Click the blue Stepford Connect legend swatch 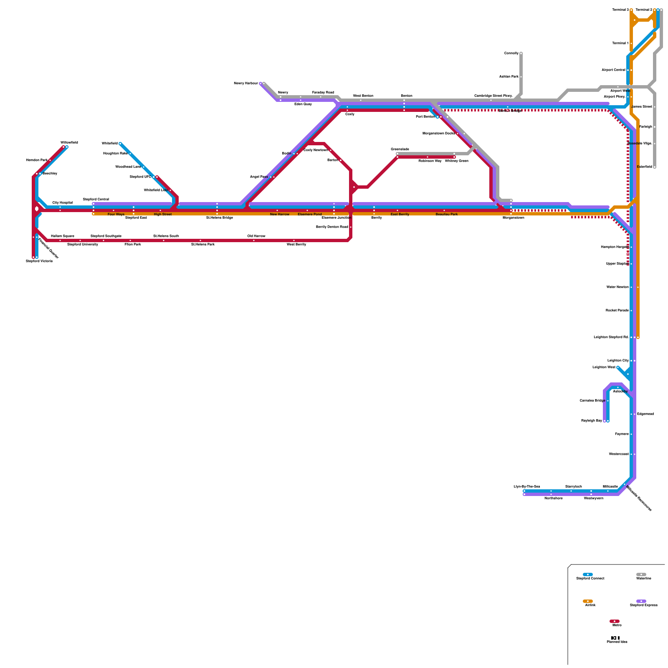coord(588,574)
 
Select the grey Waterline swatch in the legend coord(641,574)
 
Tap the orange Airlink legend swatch coord(588,601)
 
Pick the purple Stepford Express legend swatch coord(641,601)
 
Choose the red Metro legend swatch coord(615,621)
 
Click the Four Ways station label coord(116,215)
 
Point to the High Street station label coord(163,215)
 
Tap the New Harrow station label coord(280,215)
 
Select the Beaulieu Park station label coord(447,215)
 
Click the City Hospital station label coord(63,203)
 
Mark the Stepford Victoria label coord(39,261)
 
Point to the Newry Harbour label coord(246,83)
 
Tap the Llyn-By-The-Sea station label coord(527,487)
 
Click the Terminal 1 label coord(620,43)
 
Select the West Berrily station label coord(296,245)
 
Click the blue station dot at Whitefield coord(120,144)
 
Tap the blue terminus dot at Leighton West coord(618,367)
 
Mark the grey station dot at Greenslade coord(397,154)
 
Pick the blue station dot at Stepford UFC coord(154,177)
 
